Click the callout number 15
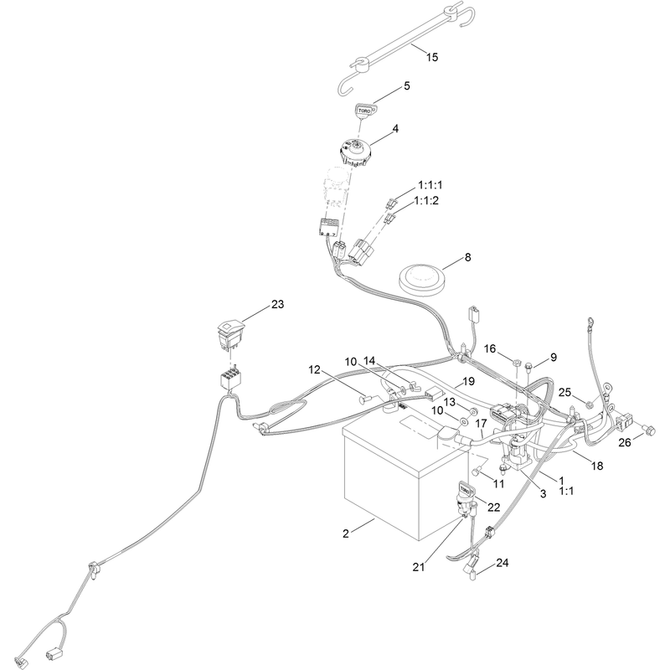pos(432,57)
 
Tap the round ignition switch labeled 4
pos(354,153)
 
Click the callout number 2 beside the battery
pos(346,533)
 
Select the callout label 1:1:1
pos(430,185)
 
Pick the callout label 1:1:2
pos(426,200)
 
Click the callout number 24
pos(502,563)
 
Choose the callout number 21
pos(419,567)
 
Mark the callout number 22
pos(493,507)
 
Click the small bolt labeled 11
pos(477,472)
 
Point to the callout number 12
pos(315,369)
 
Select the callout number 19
pos(469,381)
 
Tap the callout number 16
pos(490,349)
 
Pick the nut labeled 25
pos(589,404)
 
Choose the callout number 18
pos(597,466)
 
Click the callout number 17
pos(481,424)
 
